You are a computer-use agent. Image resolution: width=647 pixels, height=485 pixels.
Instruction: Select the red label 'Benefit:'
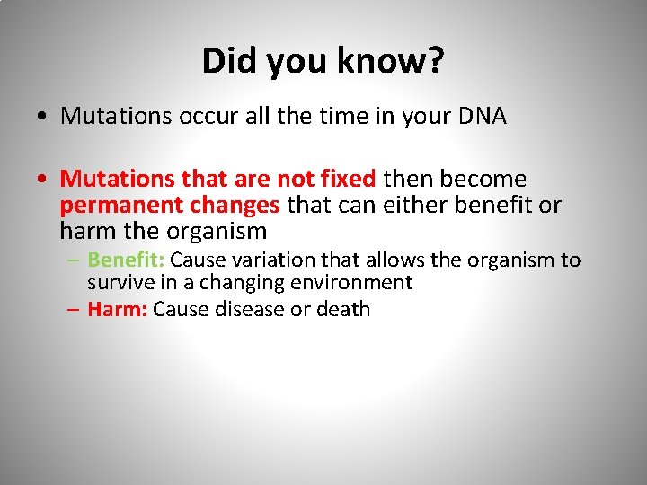[x=126, y=260]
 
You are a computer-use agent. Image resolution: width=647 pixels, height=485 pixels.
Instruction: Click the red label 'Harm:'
[x=118, y=310]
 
